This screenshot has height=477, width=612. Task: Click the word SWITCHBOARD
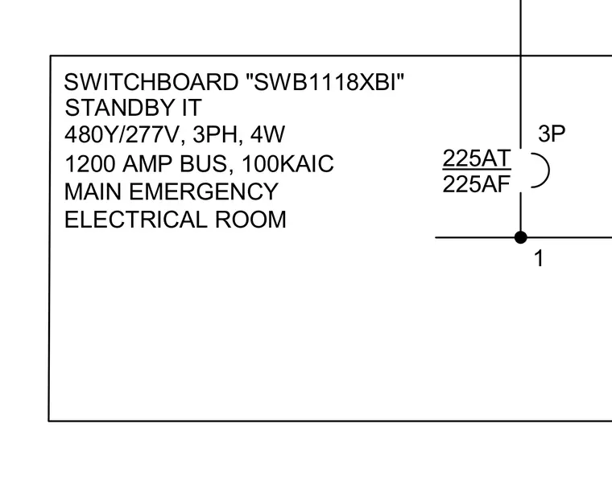[x=151, y=82]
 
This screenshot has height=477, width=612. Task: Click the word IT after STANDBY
[x=192, y=108]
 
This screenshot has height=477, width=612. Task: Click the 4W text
[x=267, y=134]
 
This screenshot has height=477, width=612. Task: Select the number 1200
[x=89, y=164]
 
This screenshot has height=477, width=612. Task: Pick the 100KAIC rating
[x=287, y=164]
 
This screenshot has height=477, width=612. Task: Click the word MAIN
[x=93, y=192]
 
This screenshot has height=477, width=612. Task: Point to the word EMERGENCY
[x=204, y=192]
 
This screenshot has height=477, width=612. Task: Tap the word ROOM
[x=250, y=220]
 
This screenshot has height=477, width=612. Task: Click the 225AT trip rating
[x=477, y=158]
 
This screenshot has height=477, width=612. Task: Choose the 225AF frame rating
[x=477, y=184]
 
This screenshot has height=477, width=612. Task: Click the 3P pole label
[x=552, y=134]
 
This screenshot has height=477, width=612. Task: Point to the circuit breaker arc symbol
[x=549, y=171]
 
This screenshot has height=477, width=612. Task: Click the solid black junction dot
[x=521, y=237]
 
